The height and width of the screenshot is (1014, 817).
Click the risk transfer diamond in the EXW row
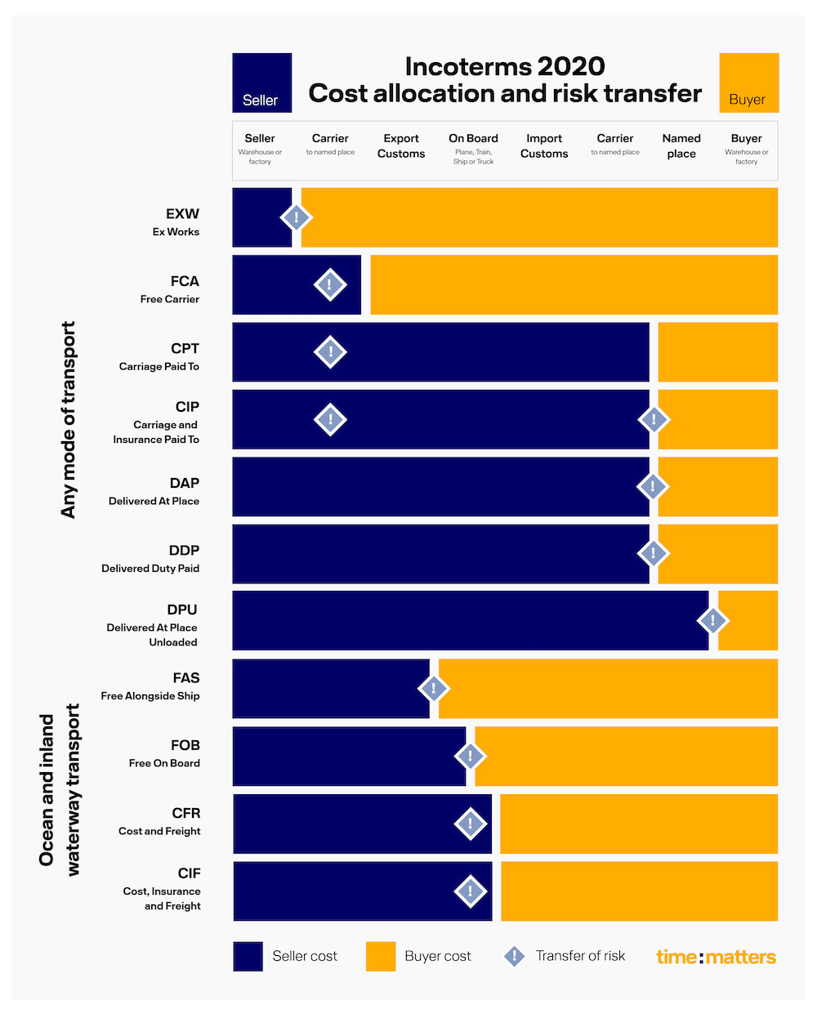[x=296, y=217]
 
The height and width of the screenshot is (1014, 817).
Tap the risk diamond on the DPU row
[x=712, y=620]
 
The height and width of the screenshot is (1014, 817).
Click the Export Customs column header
[x=401, y=145]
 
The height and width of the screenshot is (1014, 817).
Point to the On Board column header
[x=473, y=148]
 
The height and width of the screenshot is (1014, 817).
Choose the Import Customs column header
[x=544, y=145]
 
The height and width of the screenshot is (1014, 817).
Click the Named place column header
[x=681, y=145]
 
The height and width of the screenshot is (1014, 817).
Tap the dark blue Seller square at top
[x=261, y=83]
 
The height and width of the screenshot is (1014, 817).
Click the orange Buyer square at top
[x=748, y=83]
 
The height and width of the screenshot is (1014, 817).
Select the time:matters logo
[x=716, y=957]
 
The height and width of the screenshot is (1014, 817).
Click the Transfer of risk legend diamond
[x=514, y=956]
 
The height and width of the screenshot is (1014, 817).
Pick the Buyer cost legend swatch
[x=381, y=956]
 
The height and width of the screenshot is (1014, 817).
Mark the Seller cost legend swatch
[x=248, y=956]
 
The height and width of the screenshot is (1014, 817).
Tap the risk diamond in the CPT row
[x=330, y=352]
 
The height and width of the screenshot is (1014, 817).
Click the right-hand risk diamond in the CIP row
[x=653, y=419]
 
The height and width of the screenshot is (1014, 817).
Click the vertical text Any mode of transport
[x=69, y=419]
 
